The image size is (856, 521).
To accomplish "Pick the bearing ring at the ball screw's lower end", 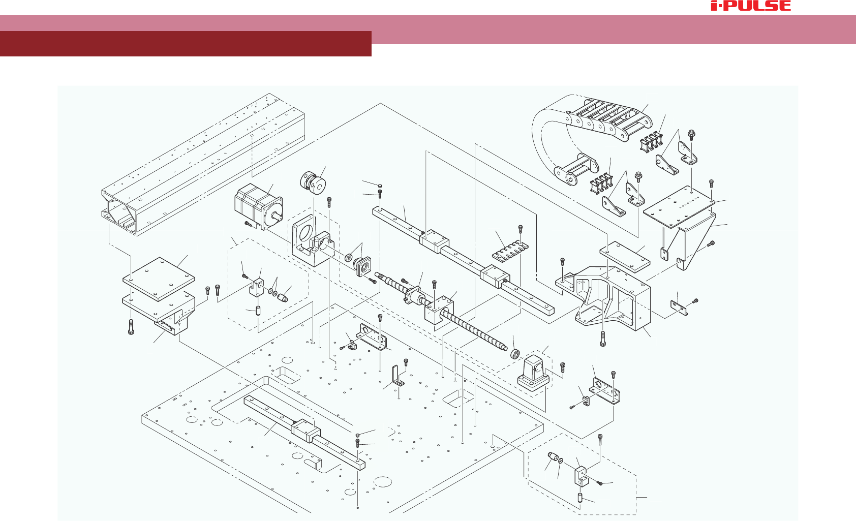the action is (x=515, y=353).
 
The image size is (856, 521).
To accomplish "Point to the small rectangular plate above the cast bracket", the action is (x=625, y=258).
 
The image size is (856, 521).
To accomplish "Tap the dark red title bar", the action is (x=186, y=44).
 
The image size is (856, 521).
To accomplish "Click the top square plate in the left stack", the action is (x=159, y=278).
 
